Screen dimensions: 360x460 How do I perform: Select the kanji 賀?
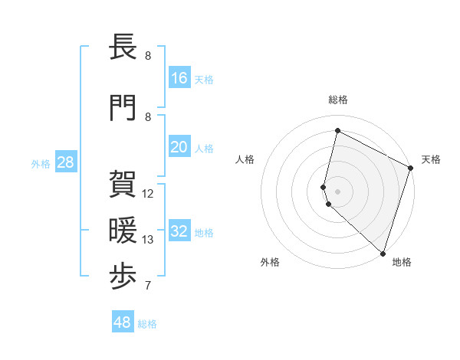pyautogui.click(x=123, y=184)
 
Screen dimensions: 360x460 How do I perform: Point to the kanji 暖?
pyautogui.click(x=123, y=230)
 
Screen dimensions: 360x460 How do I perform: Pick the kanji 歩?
pyautogui.click(x=123, y=277)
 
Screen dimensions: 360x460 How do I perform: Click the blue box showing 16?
pyautogui.click(x=179, y=77)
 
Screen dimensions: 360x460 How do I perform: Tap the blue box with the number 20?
pyautogui.click(x=179, y=147)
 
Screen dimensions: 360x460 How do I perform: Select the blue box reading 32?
pyautogui.click(x=179, y=231)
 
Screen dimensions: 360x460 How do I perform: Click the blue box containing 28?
pyautogui.click(x=65, y=162)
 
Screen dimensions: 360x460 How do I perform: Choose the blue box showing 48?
pyautogui.click(x=123, y=322)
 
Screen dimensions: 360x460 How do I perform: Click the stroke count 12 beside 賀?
pyautogui.click(x=149, y=194)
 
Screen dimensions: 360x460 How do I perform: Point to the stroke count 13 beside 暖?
pyautogui.click(x=148, y=240)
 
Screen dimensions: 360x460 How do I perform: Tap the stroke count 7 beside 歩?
pyautogui.click(x=148, y=286)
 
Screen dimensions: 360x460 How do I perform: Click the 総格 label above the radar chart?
pyautogui.click(x=338, y=100)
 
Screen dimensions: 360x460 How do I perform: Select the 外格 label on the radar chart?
pyautogui.click(x=270, y=262)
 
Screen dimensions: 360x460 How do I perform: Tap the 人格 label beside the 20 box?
pyautogui.click(x=204, y=149)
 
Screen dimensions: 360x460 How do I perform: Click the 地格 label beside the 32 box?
pyautogui.click(x=204, y=233)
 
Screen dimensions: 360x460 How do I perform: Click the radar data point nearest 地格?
pyautogui.click(x=383, y=253)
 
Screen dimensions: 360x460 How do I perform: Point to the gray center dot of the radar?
pyautogui.click(x=338, y=191)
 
